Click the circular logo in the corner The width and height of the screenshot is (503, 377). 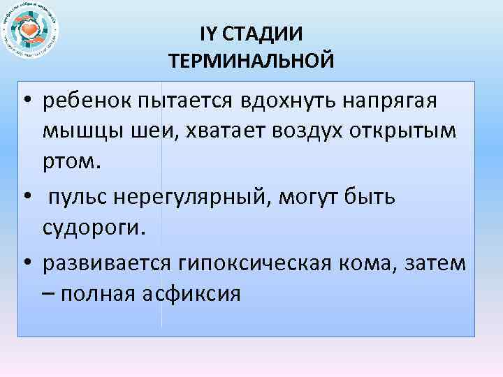31,31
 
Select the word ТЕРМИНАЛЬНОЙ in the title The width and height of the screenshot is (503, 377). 251,61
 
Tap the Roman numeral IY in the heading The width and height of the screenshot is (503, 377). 210,33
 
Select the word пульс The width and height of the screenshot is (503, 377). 81,198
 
